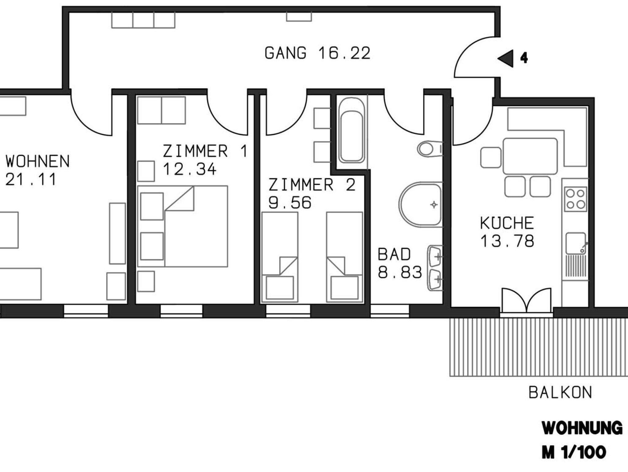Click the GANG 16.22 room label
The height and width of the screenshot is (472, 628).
(x=317, y=53)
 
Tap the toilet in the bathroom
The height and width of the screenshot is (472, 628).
(x=430, y=149)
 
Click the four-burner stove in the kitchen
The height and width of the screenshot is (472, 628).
(x=575, y=199)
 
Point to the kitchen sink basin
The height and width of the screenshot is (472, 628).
(x=576, y=243)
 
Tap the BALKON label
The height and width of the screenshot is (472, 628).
(x=560, y=393)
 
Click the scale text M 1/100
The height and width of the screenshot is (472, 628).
(x=574, y=452)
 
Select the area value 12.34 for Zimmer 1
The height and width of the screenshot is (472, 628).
(x=190, y=169)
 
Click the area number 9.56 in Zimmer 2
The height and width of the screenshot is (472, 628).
(x=290, y=203)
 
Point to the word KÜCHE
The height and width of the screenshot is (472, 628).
(x=507, y=223)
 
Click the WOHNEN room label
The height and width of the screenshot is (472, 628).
(x=37, y=161)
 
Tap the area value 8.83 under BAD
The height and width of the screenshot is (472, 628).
(x=400, y=272)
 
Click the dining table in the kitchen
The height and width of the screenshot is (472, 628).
(x=530, y=156)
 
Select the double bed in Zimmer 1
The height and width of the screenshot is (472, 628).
(x=182, y=226)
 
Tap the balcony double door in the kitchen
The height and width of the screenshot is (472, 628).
(x=527, y=300)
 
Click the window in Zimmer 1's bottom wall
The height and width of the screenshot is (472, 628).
(x=182, y=311)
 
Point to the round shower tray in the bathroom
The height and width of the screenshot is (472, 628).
(x=420, y=204)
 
